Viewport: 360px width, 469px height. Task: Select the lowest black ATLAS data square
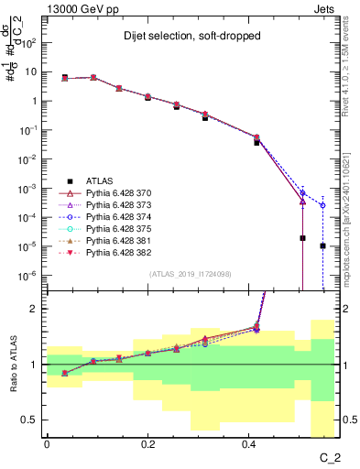point(322,245)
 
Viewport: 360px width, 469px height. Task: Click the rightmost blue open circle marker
point(322,205)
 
